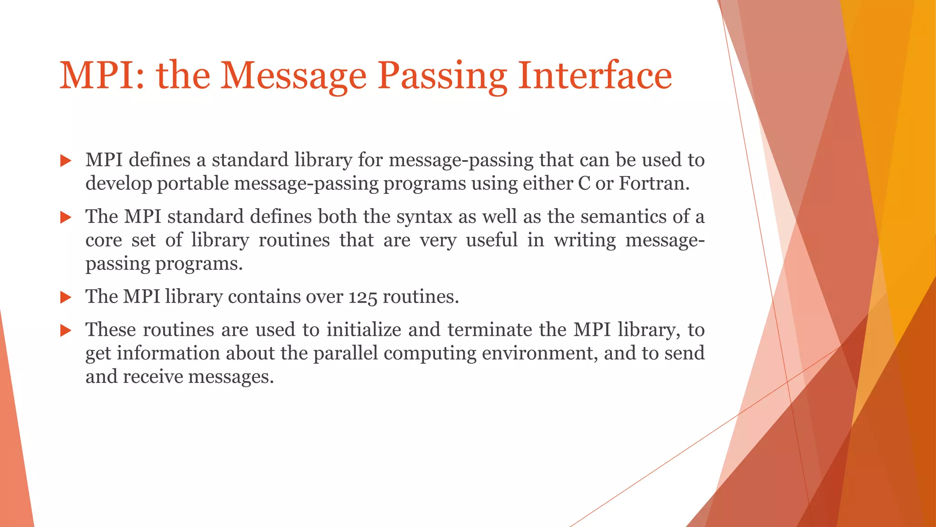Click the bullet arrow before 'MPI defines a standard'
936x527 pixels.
pyautogui.click(x=66, y=161)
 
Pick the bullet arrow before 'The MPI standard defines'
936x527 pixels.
pyautogui.click(x=66, y=217)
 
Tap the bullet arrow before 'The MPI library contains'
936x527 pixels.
pyautogui.click(x=66, y=298)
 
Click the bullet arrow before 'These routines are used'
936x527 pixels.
pyautogui.click(x=66, y=330)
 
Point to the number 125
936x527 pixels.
pyautogui.click(x=363, y=297)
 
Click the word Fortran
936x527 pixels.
pyautogui.click(x=654, y=183)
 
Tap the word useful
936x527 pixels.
pyautogui.click(x=492, y=240)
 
